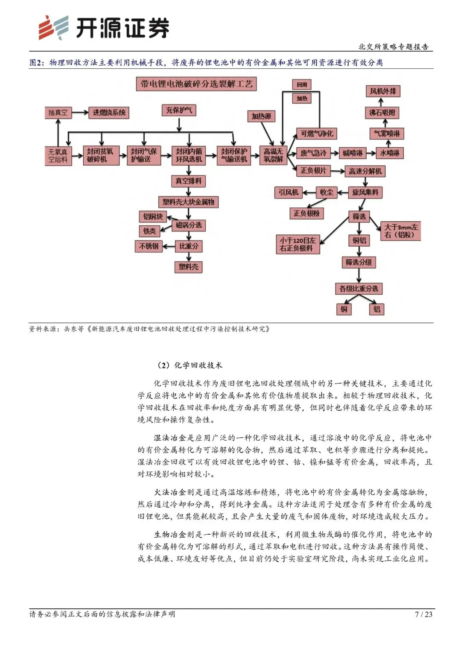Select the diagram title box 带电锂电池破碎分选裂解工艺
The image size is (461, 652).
coord(196,84)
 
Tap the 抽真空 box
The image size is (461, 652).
coord(58,113)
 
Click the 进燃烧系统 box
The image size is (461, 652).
coord(109,113)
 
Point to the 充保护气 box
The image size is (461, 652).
coord(179,110)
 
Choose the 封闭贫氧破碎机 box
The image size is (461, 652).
coord(100,155)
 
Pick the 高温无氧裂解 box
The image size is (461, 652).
coord(273,155)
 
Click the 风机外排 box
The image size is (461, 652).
coord(383,91)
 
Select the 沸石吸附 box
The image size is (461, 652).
coord(382,113)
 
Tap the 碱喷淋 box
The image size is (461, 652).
coord(353,153)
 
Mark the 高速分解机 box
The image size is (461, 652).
coord(365,171)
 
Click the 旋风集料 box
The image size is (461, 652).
coord(365,193)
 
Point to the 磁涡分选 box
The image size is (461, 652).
coord(189,225)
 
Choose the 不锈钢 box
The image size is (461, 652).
coord(149,246)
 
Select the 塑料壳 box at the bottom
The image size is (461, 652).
coord(189,267)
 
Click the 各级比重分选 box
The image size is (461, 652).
coord(359,289)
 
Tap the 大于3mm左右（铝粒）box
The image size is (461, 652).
coord(401,231)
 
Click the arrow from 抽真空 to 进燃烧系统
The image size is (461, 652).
coord(80,113)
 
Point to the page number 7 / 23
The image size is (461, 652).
coord(423,614)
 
